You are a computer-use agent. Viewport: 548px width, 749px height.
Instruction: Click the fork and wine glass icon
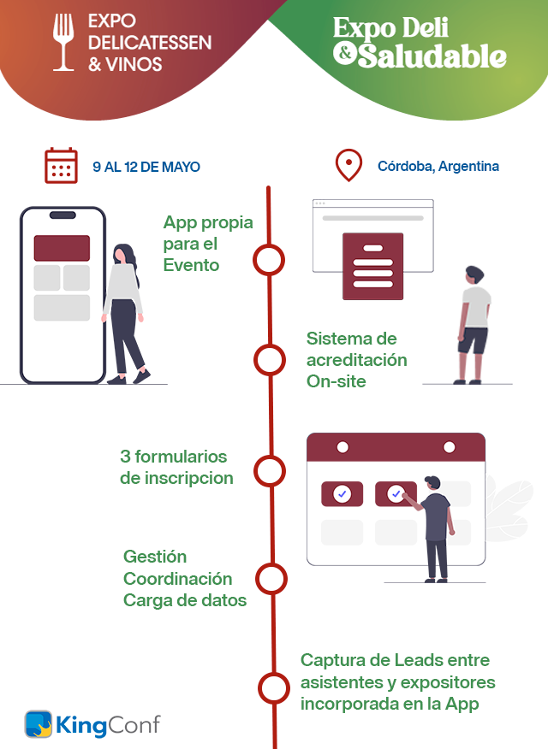(x=63, y=42)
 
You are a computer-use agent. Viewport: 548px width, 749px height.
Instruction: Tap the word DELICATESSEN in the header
(x=150, y=43)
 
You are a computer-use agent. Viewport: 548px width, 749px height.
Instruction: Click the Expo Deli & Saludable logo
(x=420, y=42)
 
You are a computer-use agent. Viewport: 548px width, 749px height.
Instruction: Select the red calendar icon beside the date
(x=61, y=165)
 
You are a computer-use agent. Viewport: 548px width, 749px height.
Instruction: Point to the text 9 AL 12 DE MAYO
(x=146, y=167)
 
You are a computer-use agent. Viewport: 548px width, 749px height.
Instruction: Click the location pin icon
(x=348, y=165)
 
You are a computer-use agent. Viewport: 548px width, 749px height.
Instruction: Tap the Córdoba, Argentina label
(x=438, y=166)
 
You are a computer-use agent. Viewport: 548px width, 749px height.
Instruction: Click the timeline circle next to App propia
(x=269, y=260)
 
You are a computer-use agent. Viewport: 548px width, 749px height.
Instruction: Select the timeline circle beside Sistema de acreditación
(x=270, y=360)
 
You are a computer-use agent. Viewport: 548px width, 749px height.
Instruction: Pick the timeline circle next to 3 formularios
(x=270, y=471)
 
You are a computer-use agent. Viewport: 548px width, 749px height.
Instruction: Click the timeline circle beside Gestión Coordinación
(x=271, y=579)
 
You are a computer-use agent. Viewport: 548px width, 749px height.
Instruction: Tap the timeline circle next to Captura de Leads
(x=274, y=688)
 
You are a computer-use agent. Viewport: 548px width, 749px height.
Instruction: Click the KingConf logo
(x=92, y=724)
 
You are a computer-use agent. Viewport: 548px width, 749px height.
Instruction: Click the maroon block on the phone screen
(x=62, y=248)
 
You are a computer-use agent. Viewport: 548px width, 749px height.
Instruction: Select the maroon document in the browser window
(x=373, y=266)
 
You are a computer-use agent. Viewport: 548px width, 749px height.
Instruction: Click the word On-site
(x=337, y=381)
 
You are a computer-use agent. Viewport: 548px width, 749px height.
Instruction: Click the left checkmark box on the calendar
(x=342, y=494)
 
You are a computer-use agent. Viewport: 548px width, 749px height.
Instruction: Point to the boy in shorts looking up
(x=474, y=325)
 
